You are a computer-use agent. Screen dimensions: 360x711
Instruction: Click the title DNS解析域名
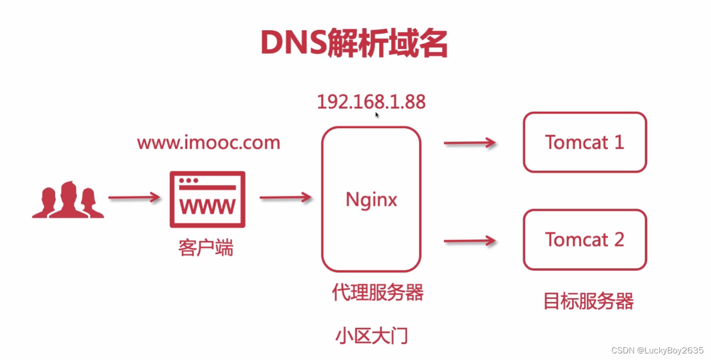tap(354, 44)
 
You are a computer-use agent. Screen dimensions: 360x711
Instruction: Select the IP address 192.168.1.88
tap(371, 102)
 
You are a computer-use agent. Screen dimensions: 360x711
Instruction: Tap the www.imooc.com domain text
tap(208, 143)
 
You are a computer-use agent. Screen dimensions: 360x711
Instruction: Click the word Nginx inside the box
tap(371, 200)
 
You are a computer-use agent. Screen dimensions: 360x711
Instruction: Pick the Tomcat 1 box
tap(585, 142)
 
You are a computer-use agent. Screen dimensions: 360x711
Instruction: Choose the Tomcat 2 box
tap(585, 240)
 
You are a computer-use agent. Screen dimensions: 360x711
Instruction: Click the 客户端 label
tap(206, 248)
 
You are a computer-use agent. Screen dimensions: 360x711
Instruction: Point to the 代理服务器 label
tap(377, 292)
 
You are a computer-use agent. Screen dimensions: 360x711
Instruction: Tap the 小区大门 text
tap(371, 336)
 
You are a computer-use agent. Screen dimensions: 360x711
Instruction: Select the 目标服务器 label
tap(588, 301)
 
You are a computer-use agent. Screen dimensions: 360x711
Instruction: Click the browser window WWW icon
tap(207, 200)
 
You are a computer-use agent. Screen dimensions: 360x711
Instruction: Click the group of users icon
tap(68, 200)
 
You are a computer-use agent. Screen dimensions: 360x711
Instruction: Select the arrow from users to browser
tap(134, 198)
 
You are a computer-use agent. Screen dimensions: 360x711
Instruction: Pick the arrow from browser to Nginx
tap(286, 197)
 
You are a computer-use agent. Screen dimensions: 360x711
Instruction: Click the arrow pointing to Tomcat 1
tap(470, 144)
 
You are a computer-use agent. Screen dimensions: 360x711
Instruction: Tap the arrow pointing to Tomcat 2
tap(470, 241)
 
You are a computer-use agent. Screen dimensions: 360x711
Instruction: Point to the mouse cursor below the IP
tap(377, 115)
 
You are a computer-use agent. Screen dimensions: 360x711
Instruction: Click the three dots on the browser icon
tap(188, 181)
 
